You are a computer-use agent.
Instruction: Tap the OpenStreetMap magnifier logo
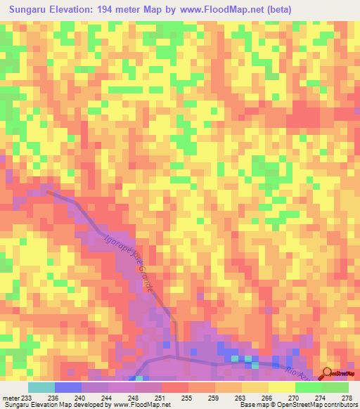pos(327,374)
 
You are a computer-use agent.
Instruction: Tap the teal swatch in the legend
pos(41,387)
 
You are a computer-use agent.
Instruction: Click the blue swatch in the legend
pos(68,387)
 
